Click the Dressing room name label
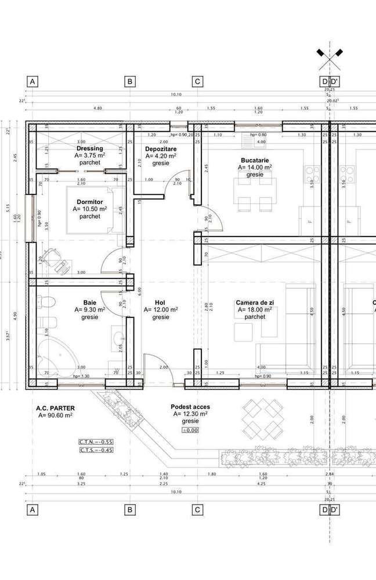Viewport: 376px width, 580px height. click(90, 148)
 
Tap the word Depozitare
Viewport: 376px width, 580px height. click(161, 149)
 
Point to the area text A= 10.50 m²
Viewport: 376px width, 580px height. click(90, 209)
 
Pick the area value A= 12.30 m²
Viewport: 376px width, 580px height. click(190, 415)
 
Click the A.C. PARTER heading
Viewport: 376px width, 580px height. click(55, 408)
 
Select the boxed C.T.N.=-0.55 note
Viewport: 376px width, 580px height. click(96, 441)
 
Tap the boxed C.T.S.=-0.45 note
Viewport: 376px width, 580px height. click(96, 449)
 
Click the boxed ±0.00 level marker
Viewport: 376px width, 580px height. click(190, 430)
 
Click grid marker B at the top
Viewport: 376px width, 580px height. click(131, 82)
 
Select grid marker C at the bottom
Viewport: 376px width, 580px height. click(197, 510)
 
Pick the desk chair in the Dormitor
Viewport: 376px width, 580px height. click(61, 263)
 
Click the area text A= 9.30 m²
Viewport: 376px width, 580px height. click(90, 310)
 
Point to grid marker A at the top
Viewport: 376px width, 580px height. click(33, 82)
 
